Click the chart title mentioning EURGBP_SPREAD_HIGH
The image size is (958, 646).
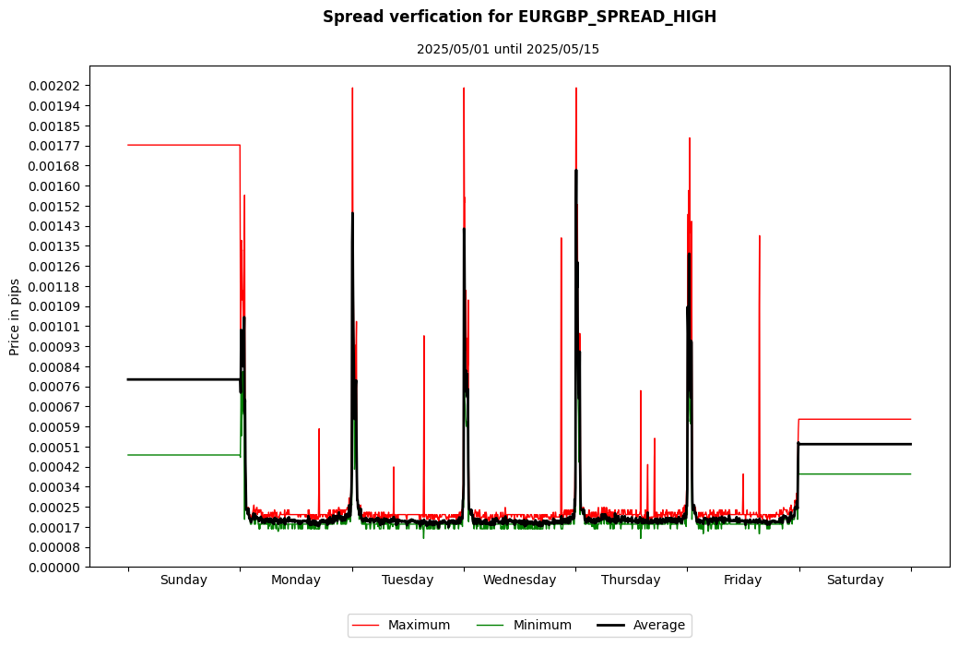coord(519,18)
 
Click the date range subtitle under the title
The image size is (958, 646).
coord(507,49)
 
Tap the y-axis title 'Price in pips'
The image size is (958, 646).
coord(16,317)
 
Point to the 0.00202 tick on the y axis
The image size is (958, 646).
coord(54,86)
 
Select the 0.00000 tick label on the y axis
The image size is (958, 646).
coord(54,568)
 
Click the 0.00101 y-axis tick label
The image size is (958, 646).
coord(54,327)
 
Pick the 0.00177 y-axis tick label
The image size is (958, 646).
coord(54,146)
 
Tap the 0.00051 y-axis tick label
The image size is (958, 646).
coord(54,448)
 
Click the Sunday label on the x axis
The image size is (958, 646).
coord(183,580)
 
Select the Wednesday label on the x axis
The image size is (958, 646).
coord(519,580)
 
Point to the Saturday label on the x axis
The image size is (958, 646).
coord(855,580)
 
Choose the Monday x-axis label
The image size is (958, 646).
coord(296,580)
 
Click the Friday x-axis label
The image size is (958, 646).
coord(742,580)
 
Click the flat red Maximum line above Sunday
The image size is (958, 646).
coord(183,145)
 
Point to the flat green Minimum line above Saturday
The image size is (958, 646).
coord(855,474)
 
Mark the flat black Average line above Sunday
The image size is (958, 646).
coord(183,379)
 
